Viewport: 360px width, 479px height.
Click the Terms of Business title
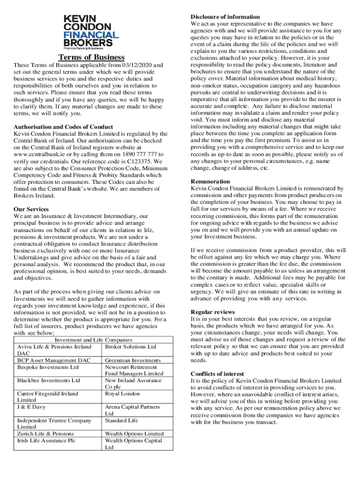coord(92,58)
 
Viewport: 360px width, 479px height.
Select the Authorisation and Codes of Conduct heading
coord(63,127)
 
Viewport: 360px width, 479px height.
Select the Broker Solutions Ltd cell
coord(130,347)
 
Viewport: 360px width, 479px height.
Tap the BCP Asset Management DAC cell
coord(54,361)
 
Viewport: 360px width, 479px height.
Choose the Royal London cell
coord(122,394)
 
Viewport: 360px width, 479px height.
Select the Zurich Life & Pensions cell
coord(46,434)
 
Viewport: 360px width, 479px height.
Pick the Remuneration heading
coord(210,181)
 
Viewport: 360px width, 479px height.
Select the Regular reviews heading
coord(213,312)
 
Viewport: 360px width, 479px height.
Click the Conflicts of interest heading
coord(217,374)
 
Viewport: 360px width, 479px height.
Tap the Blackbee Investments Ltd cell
coord(49,381)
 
